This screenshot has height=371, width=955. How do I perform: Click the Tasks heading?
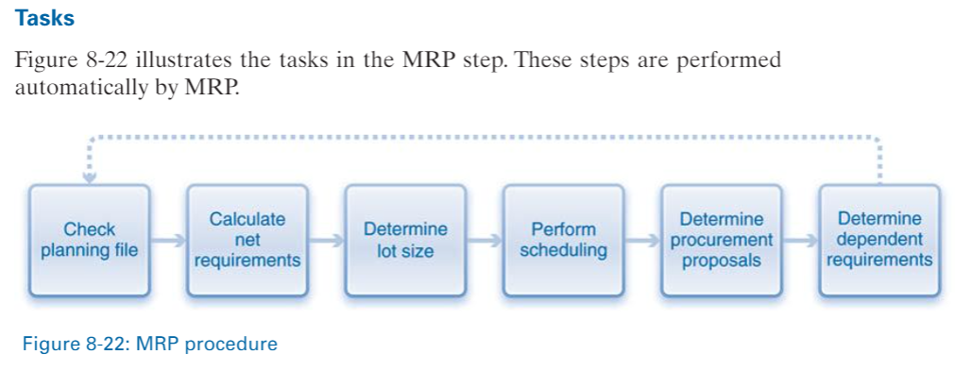click(x=44, y=17)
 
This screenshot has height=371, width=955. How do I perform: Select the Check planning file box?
click(x=89, y=239)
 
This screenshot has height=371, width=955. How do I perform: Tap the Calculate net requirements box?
click(x=247, y=239)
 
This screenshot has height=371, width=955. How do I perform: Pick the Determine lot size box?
click(x=405, y=239)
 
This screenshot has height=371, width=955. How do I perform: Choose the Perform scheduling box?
click(x=563, y=239)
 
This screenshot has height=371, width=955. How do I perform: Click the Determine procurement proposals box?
click(x=722, y=239)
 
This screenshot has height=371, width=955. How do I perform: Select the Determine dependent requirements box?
click(x=878, y=239)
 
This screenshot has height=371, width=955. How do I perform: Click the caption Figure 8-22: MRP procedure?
click(x=150, y=344)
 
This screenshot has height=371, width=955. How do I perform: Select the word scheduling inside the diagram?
click(x=563, y=250)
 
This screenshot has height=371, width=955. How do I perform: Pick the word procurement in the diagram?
click(x=722, y=240)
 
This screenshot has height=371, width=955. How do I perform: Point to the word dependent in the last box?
click(x=878, y=240)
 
